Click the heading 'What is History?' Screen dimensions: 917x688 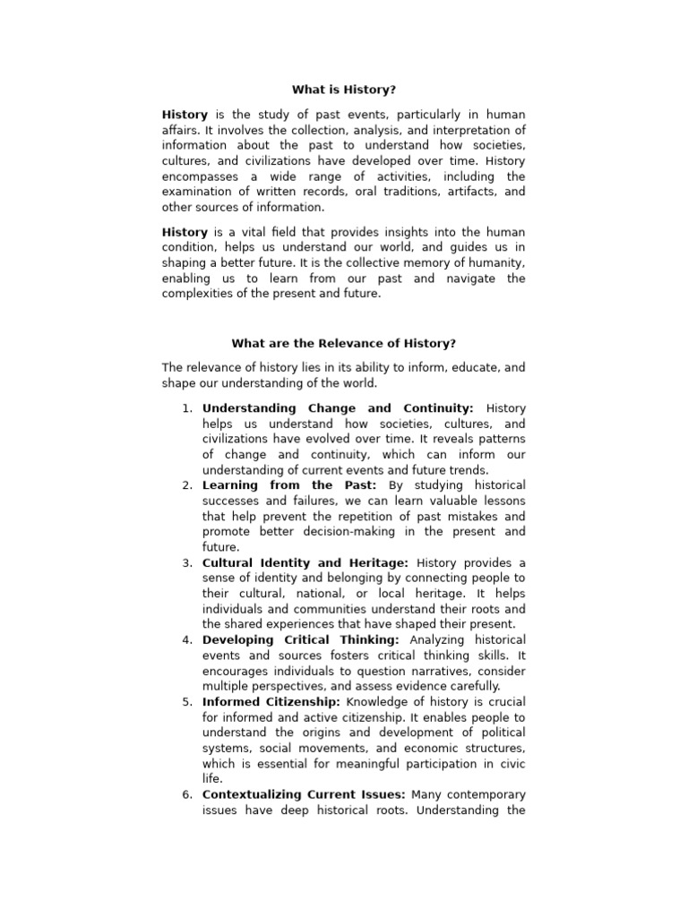click(344, 90)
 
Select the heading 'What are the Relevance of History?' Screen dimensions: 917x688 click(344, 343)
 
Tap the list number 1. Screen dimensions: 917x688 click(187, 408)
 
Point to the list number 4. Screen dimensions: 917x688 click(187, 639)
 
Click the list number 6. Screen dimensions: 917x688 click(187, 794)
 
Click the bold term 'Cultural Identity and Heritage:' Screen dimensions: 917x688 click(305, 562)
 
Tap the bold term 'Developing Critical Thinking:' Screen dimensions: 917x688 click(301, 639)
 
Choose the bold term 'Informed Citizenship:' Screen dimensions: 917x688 click(271, 702)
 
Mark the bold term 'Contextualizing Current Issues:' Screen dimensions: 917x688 click(304, 794)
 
